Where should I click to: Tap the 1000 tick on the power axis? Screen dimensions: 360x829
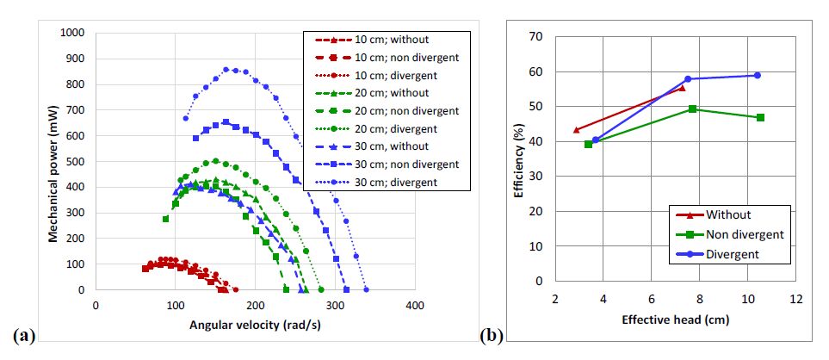[73, 33]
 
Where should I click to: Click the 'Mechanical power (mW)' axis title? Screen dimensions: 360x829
[54, 161]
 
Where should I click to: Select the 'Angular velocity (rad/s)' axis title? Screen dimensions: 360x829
[255, 325]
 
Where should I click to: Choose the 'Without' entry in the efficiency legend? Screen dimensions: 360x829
[728, 214]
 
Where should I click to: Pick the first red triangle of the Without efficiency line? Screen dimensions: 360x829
[576, 130]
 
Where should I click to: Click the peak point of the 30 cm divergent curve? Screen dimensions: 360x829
[226, 69]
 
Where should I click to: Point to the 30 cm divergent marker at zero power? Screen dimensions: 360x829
[366, 290]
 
